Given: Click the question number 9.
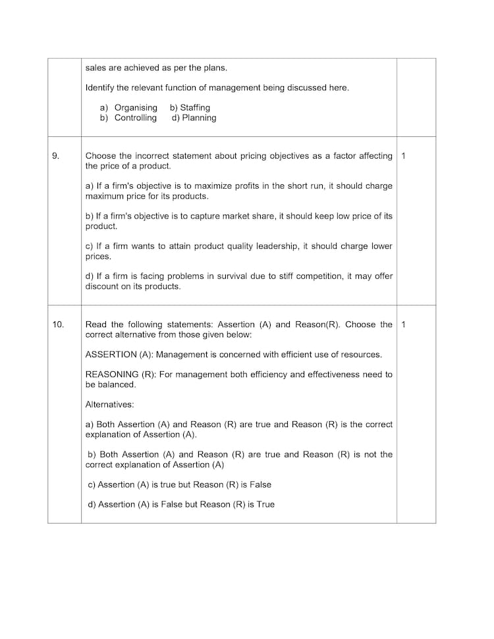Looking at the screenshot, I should (x=55, y=156).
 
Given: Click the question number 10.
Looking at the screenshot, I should (x=58, y=324).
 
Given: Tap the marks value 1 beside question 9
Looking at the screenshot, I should (x=403, y=156).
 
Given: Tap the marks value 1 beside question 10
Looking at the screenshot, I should (x=403, y=324).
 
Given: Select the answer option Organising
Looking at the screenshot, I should (x=136, y=107).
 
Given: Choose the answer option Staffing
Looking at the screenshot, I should (x=195, y=107).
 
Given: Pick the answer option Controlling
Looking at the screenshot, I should (x=136, y=118).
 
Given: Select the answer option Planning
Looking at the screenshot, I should (x=199, y=118).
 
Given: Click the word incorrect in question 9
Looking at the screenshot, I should (x=159, y=156).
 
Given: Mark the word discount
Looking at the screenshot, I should (x=101, y=286).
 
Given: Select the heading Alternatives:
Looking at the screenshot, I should (x=109, y=405).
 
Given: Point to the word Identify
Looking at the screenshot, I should (x=99, y=88).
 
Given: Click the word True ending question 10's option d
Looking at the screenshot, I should (x=265, y=504).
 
